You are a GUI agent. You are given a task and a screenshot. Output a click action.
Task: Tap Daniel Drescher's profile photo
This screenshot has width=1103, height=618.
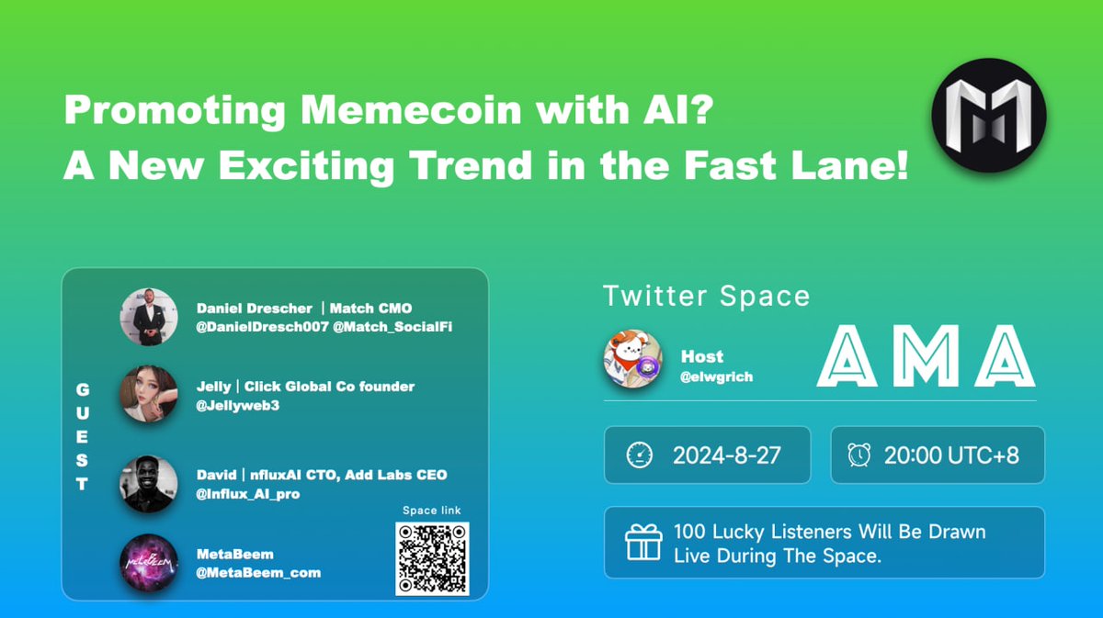coord(148,317)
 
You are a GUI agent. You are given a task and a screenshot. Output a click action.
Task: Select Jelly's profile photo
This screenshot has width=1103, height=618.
coord(148,395)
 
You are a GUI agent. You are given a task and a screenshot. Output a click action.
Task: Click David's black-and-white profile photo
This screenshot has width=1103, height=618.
coord(148,484)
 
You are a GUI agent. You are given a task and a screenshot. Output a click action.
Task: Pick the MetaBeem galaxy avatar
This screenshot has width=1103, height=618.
coord(148,562)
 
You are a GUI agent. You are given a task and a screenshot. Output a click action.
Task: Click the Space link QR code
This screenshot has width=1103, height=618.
coord(432,558)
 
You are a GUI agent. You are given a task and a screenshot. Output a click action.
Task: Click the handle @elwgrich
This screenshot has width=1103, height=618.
coord(716,376)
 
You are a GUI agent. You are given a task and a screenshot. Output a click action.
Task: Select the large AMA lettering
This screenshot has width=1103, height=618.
coord(926,357)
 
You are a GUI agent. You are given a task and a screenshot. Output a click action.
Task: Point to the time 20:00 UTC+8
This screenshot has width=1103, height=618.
coord(951,455)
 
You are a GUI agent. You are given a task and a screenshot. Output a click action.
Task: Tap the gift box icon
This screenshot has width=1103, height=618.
coord(643,543)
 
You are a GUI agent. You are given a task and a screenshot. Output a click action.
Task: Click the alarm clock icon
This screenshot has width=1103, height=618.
coord(859,455)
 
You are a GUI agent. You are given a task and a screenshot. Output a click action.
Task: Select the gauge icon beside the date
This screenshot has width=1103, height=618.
coord(638,455)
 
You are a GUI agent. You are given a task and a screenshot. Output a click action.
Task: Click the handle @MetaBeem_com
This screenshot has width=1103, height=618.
coord(258,572)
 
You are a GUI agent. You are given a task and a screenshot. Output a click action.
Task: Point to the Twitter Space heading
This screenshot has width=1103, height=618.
coord(706,296)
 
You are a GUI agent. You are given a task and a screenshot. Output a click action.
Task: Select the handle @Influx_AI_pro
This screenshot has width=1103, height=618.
coord(247,494)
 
